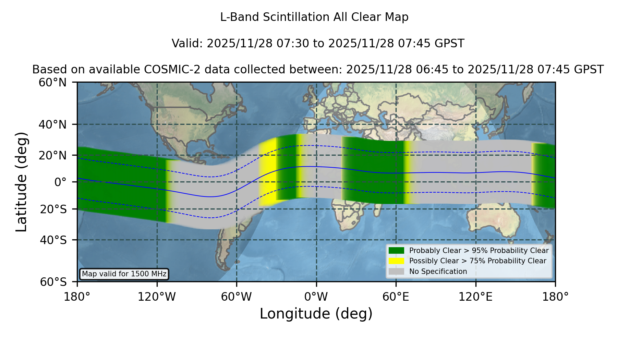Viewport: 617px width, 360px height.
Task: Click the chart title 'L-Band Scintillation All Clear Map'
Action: coord(314,17)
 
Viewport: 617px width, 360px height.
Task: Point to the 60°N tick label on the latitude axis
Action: coord(53,83)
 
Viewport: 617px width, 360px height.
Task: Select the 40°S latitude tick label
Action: coord(53,240)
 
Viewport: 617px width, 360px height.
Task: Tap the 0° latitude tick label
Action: coord(61,182)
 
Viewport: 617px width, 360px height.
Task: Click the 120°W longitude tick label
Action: coord(157,297)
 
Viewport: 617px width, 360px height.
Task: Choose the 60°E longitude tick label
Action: coord(396,297)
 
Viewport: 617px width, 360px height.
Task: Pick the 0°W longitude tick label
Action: coord(316,297)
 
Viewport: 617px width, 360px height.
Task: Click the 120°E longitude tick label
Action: coord(475,297)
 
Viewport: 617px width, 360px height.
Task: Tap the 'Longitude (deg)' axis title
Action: coord(316,314)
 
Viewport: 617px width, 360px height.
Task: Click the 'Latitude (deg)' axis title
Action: coord(21,182)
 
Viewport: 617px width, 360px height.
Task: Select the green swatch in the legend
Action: coord(396,251)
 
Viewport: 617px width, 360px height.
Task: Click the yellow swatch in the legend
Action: coord(396,261)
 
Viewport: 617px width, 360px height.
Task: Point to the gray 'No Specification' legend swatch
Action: coord(396,272)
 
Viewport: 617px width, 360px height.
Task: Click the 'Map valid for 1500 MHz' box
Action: coord(124,274)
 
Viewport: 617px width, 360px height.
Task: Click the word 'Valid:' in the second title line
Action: coord(188,44)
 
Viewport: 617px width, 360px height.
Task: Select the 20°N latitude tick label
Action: coord(53,155)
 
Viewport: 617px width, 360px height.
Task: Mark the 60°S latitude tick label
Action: coord(53,282)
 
